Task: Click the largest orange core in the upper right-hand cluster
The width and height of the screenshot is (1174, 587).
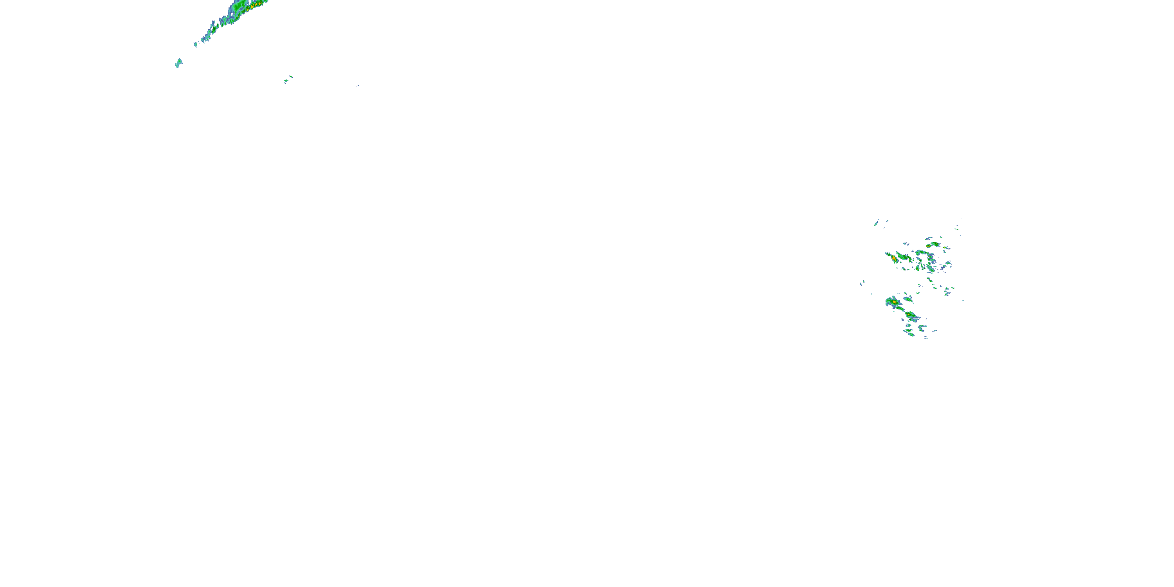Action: [x=894, y=259]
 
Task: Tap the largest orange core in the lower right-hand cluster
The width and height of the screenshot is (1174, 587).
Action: [x=895, y=302]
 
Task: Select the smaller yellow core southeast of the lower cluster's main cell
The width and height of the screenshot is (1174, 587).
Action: [x=910, y=315]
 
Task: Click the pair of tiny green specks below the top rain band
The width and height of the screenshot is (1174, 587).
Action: [x=288, y=79]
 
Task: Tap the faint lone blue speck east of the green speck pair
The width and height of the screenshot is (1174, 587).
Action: [x=357, y=86]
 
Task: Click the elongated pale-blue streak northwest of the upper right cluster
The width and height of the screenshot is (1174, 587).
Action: [x=876, y=222]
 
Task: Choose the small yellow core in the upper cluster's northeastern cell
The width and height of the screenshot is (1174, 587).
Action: [x=928, y=246]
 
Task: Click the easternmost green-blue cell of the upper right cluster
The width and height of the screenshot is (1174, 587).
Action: [x=949, y=263]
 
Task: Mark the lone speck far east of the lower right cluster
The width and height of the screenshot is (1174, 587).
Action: [x=963, y=300]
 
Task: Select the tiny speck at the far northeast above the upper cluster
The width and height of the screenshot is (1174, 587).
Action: [x=961, y=219]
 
